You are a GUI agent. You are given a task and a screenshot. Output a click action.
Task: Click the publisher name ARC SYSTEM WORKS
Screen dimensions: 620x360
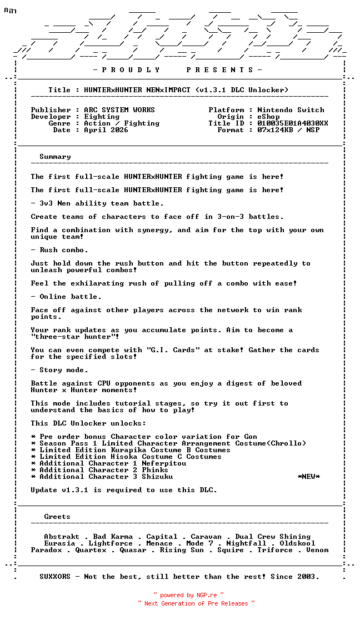119,110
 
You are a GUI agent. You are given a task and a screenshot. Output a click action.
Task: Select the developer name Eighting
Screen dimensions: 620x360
102,117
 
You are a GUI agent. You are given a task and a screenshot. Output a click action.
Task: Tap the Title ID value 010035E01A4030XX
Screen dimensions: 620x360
293,123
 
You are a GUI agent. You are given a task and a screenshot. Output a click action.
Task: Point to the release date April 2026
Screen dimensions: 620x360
106,130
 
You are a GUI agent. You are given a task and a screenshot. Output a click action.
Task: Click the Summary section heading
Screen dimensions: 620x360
55,157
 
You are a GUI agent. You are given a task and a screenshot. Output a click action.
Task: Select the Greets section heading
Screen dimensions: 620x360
57,517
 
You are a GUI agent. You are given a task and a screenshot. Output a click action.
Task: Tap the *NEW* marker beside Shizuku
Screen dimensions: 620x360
309,477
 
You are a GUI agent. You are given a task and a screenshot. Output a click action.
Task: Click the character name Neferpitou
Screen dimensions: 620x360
164,463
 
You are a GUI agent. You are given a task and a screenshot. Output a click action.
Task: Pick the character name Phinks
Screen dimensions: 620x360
155,470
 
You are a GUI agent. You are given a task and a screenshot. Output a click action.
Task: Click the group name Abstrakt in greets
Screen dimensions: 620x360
62,537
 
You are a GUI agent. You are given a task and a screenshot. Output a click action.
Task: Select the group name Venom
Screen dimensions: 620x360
317,550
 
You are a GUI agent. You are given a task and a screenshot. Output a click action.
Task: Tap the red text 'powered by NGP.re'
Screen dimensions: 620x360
188,595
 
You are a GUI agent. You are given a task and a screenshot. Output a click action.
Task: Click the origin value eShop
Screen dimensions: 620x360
268,117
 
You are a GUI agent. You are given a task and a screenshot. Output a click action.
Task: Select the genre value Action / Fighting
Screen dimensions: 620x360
122,123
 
